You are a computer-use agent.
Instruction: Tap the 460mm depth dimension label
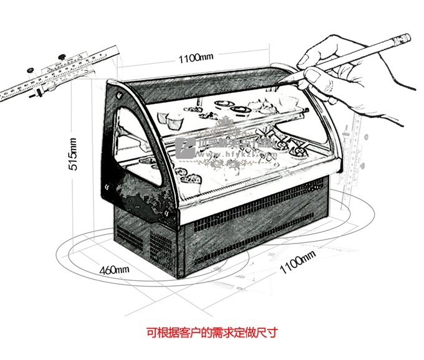click(x=114, y=269)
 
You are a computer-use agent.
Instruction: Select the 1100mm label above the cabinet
click(x=196, y=59)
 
